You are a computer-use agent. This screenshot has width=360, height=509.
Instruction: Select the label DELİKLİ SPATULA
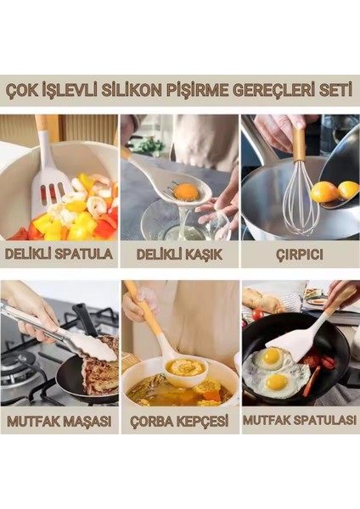pyautogui.click(x=59, y=253)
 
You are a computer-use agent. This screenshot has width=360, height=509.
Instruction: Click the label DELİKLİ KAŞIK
pyautogui.click(x=179, y=253)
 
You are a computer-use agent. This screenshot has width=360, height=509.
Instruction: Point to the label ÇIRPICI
pyautogui.click(x=300, y=253)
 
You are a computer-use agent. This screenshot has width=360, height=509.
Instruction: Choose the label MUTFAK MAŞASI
pyautogui.click(x=59, y=420)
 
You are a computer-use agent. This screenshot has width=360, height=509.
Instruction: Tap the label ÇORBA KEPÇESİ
pyautogui.click(x=179, y=420)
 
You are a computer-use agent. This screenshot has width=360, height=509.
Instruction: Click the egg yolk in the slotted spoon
pyautogui.click(x=189, y=192)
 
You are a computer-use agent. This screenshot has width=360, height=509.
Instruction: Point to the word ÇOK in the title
pyautogui.click(x=25, y=91)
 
